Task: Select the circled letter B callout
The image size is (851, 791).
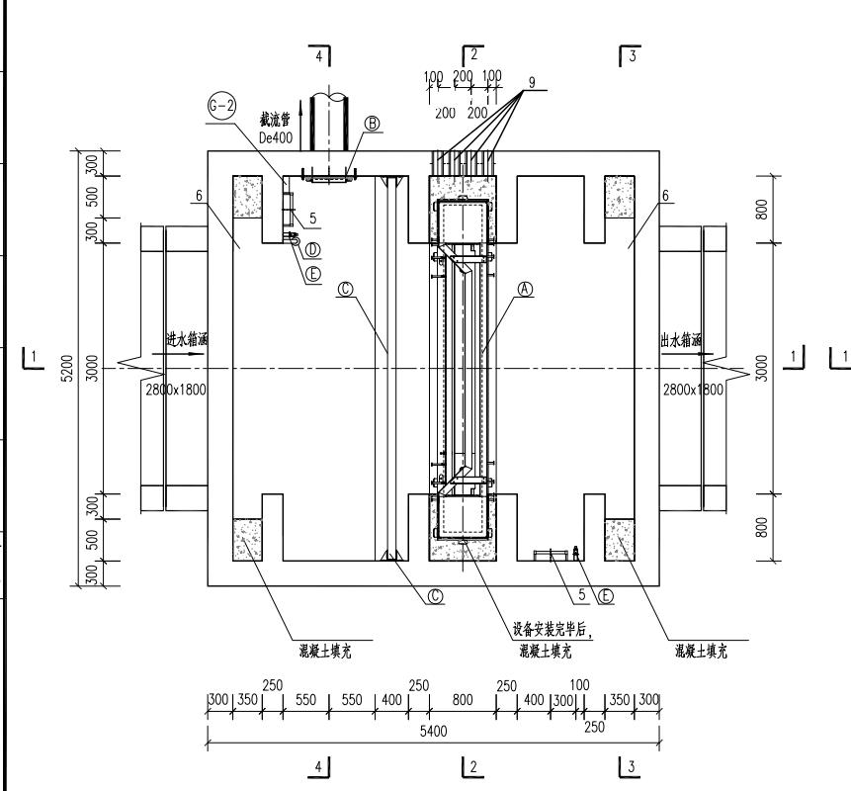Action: coord(373,123)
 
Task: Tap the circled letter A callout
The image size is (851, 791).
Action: coord(525,289)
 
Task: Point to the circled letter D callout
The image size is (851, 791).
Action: coord(313,249)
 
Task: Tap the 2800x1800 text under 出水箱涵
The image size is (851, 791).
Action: coord(694,390)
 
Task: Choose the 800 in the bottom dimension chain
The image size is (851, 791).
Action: coord(463,700)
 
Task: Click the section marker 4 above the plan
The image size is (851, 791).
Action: coord(319,56)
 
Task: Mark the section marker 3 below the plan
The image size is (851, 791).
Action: coord(630,766)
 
